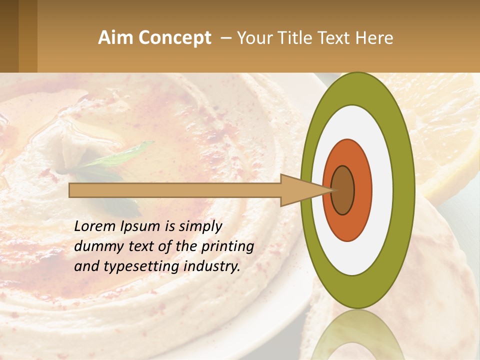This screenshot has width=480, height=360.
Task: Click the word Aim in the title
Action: click(115, 38)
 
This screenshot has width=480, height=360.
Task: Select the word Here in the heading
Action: click(374, 38)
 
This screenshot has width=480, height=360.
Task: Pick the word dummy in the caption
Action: click(95, 246)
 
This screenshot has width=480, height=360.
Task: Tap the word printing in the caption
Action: click(227, 246)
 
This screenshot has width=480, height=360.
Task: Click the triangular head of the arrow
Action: click(300, 190)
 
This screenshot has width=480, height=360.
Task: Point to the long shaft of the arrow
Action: click(175, 190)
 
